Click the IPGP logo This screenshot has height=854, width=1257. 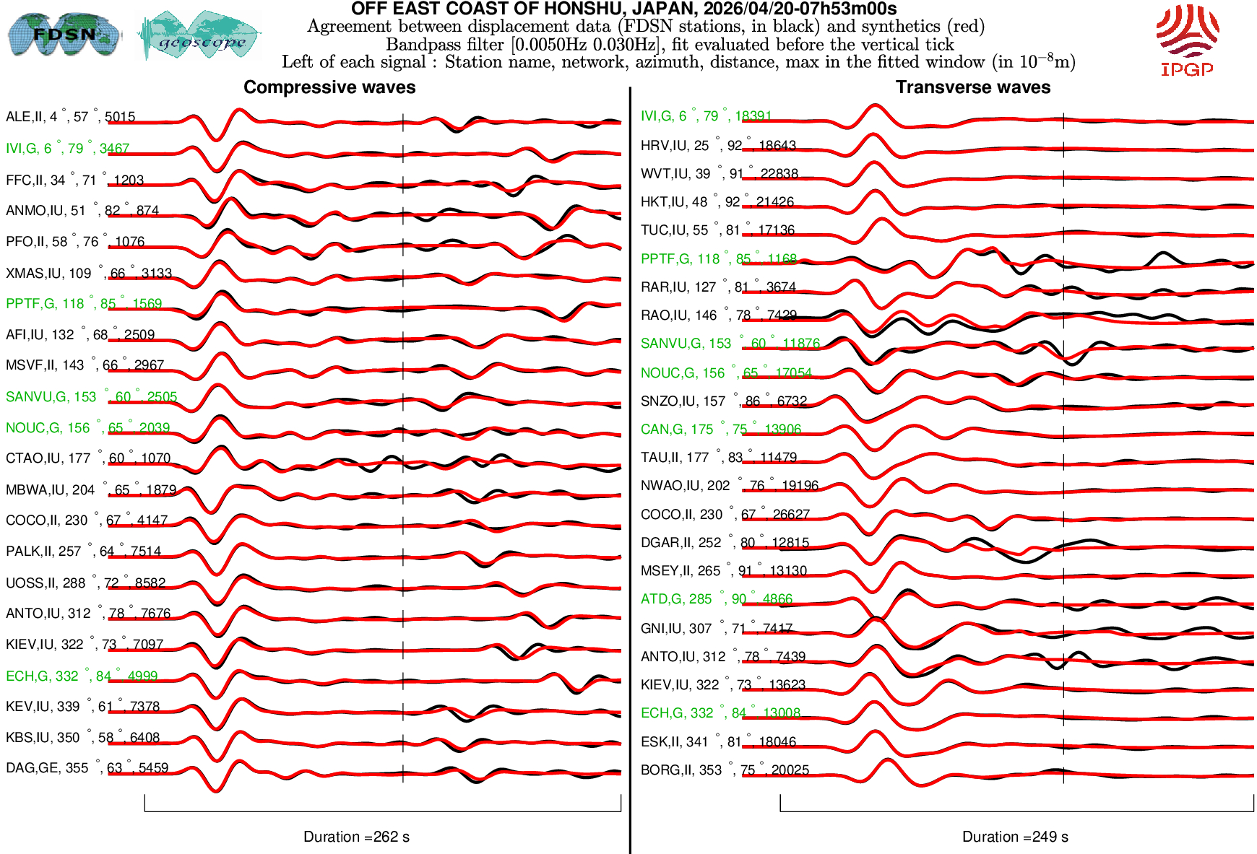[1187, 40]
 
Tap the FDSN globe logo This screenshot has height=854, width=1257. [64, 34]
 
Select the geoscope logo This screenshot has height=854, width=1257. [199, 35]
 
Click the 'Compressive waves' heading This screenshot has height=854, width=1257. [329, 87]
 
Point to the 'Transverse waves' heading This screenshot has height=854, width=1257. [973, 87]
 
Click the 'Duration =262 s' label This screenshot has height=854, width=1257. [356, 837]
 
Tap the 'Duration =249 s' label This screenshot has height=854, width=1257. [1015, 837]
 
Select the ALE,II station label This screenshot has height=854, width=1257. [70, 117]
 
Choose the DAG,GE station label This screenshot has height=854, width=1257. [87, 768]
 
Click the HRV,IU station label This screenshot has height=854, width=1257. [718, 146]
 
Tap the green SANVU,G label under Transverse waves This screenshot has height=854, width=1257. [730, 344]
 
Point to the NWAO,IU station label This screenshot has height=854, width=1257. [729, 486]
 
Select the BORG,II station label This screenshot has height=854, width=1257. [725, 770]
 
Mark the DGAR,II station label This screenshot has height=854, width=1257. [725, 543]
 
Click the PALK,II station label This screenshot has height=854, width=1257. [83, 552]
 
